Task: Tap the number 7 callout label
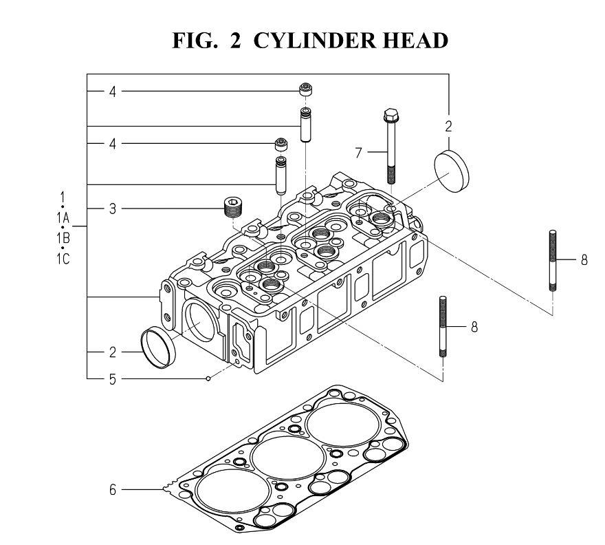pyautogui.click(x=358, y=153)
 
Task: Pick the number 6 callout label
pyautogui.click(x=112, y=490)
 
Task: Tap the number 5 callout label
pyautogui.click(x=112, y=378)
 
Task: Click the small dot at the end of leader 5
pyautogui.click(x=208, y=378)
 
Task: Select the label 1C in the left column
pyautogui.click(x=62, y=259)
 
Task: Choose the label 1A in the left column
pyautogui.click(x=62, y=219)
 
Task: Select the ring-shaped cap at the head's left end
pyautogui.click(x=158, y=348)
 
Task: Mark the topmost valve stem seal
pyautogui.click(x=305, y=89)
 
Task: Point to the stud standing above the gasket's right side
pyautogui.click(x=443, y=325)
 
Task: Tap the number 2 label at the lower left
pyautogui.click(x=112, y=352)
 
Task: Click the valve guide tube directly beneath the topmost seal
pyautogui.click(x=305, y=124)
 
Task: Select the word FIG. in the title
pyautogui.click(x=199, y=41)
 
